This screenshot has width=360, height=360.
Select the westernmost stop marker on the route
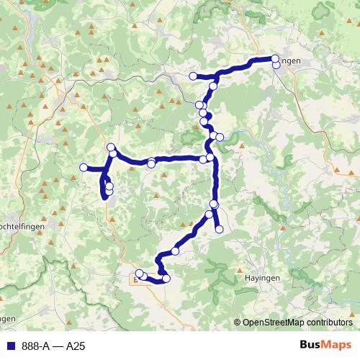coord(83,168)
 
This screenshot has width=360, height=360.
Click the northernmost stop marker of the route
coord(275,58)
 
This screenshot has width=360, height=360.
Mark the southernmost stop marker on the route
coord(166,279)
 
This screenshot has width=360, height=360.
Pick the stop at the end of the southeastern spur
coord(219,229)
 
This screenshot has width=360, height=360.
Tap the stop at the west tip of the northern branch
coord(192,76)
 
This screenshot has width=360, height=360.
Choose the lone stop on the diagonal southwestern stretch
coord(175,251)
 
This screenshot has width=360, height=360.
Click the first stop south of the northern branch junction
coord(212,86)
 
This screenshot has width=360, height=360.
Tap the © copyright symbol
coord(238,323)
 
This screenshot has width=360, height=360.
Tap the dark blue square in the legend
coord(10,346)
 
